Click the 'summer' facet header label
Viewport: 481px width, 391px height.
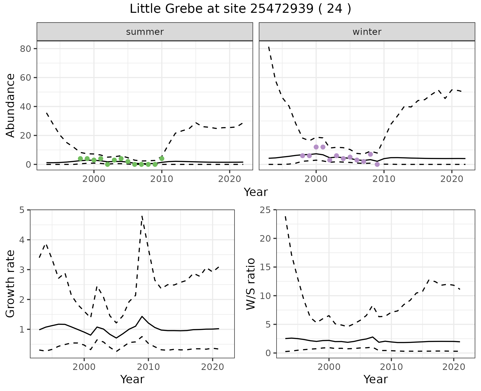coord(145,32)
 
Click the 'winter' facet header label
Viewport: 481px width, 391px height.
coord(367,32)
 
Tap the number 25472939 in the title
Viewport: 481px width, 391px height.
coord(282,9)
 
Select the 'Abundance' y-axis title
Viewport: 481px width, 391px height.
coord(10,105)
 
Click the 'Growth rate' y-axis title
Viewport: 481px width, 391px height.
coord(10,284)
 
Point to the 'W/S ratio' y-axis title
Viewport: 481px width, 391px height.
coord(251,284)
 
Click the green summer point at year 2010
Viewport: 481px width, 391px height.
coord(162,158)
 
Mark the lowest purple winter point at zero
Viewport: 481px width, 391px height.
coord(377,164)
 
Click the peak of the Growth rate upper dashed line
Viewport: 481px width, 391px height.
coord(142,216)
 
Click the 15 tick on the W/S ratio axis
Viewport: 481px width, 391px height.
coord(266,267)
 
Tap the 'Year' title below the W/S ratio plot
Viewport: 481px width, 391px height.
coord(376,379)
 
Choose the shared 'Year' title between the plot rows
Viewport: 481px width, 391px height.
coord(256,192)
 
